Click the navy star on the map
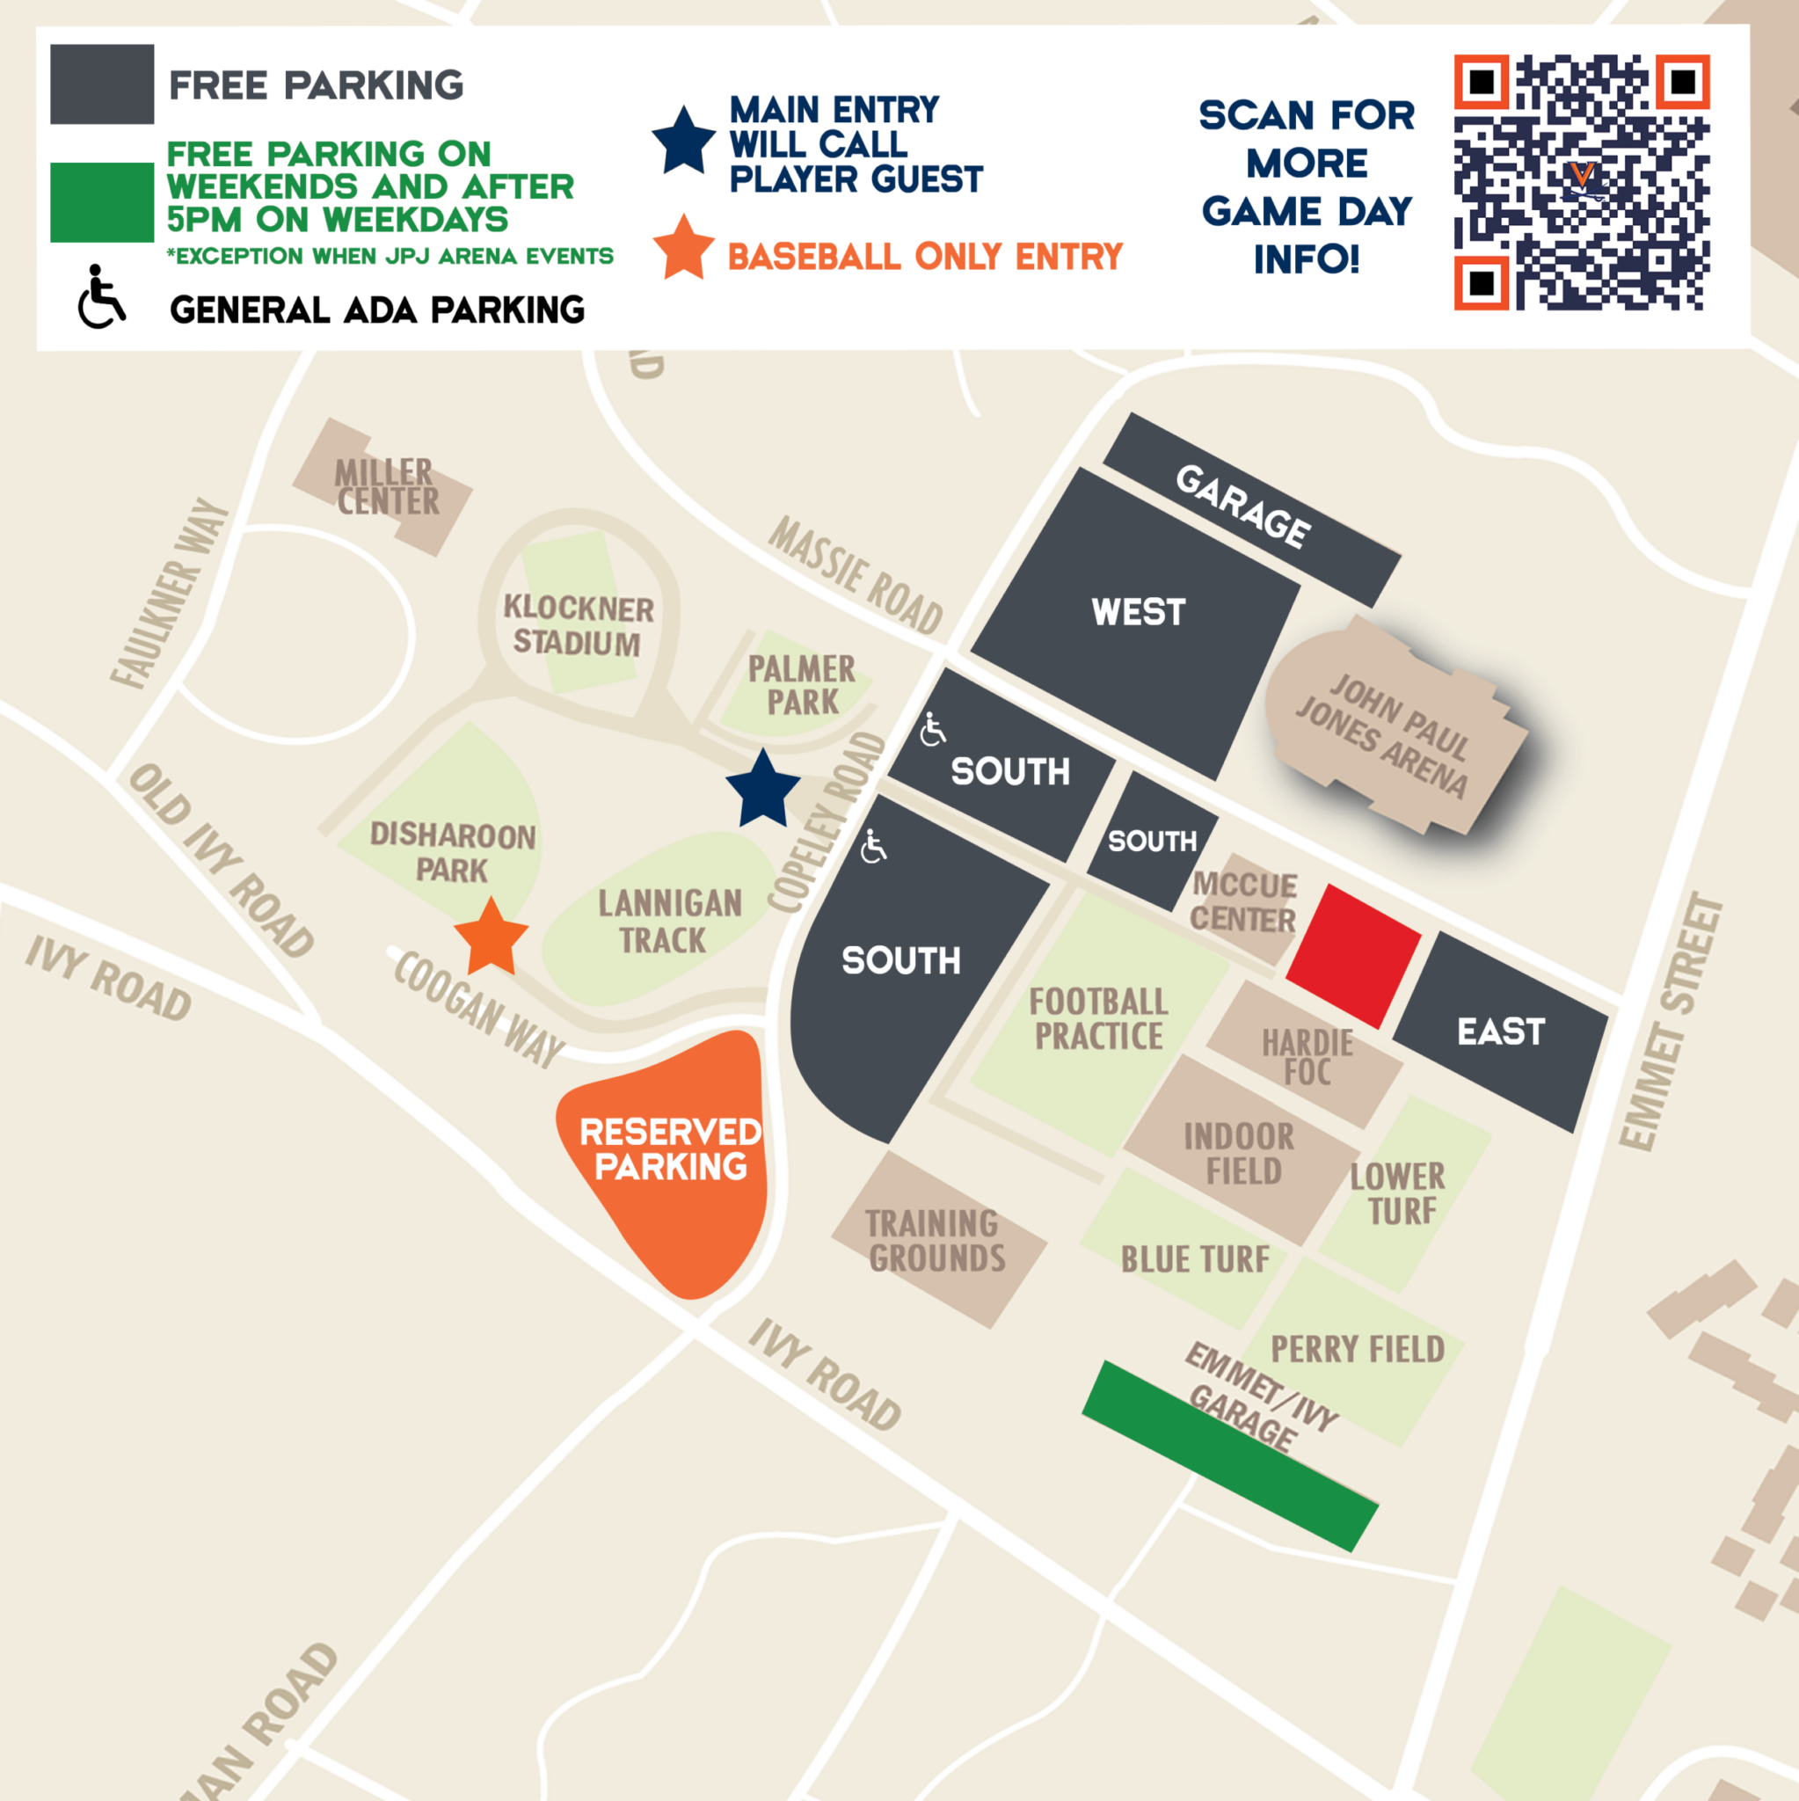(762, 791)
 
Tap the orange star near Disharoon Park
(492, 936)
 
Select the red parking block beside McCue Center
(1352, 956)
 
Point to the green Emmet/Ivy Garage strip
(1228, 1455)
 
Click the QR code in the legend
(1581, 182)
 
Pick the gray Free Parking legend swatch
(102, 84)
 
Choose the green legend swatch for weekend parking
(102, 202)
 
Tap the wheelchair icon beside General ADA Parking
(100, 297)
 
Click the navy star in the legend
(683, 142)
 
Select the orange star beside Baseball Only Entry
(683, 248)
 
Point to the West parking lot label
(1138, 612)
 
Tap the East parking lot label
(1501, 1032)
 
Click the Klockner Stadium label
(578, 624)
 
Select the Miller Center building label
(386, 485)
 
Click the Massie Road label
(855, 575)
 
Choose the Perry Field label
(1358, 1349)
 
